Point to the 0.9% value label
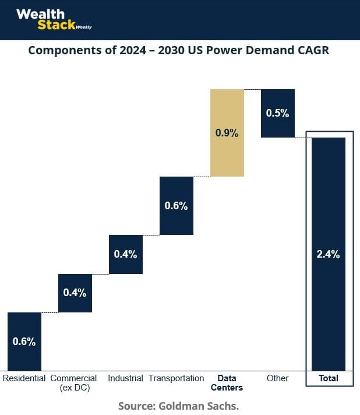pyautogui.click(x=227, y=133)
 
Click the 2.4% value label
pyautogui.click(x=328, y=254)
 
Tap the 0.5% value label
pyautogui.click(x=277, y=113)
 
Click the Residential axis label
pyautogui.click(x=24, y=378)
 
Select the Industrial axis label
pyautogui.click(x=125, y=378)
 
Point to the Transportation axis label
pyautogui.click(x=177, y=378)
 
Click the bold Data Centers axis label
pyautogui.click(x=227, y=383)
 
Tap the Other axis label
pyautogui.click(x=277, y=378)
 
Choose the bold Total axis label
pyautogui.click(x=329, y=378)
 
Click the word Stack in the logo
pyautogui.click(x=55, y=25)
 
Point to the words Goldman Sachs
pyautogui.click(x=207, y=405)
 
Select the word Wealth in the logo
pyautogui.click(x=40, y=13)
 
